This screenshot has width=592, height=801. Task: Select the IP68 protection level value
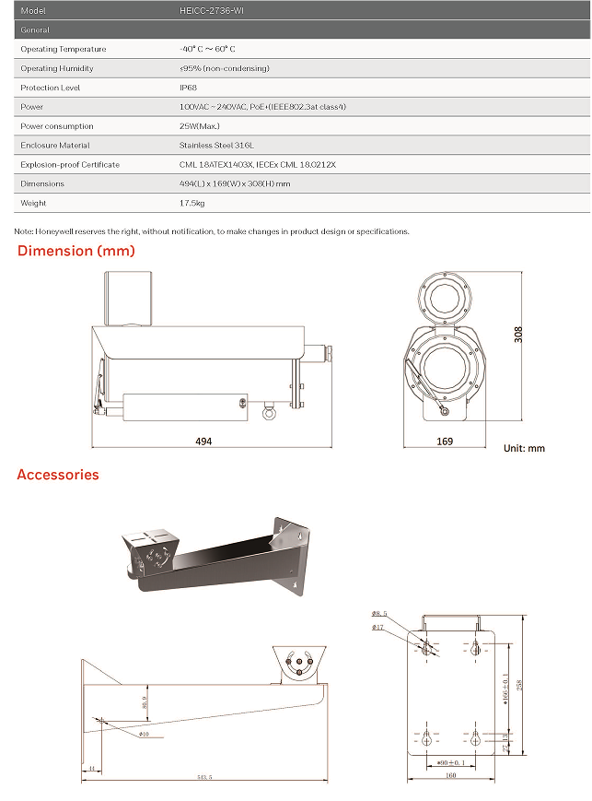pyautogui.click(x=189, y=88)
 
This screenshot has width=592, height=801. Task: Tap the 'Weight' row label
pyautogui.click(x=33, y=203)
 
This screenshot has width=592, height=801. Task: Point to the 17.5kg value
pyautogui.click(x=192, y=203)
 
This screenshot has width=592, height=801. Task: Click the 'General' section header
pyautogui.click(x=35, y=30)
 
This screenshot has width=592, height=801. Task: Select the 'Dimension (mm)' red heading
pyautogui.click(x=76, y=251)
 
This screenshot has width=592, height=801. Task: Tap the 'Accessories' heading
pyautogui.click(x=58, y=475)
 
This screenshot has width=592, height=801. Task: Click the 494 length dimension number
pyautogui.click(x=203, y=442)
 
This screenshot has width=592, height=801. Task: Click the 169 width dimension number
pyautogui.click(x=445, y=442)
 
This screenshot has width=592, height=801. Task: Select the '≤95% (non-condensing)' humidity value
pyautogui.click(x=225, y=68)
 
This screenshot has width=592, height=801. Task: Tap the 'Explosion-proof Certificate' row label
pyautogui.click(x=70, y=165)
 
